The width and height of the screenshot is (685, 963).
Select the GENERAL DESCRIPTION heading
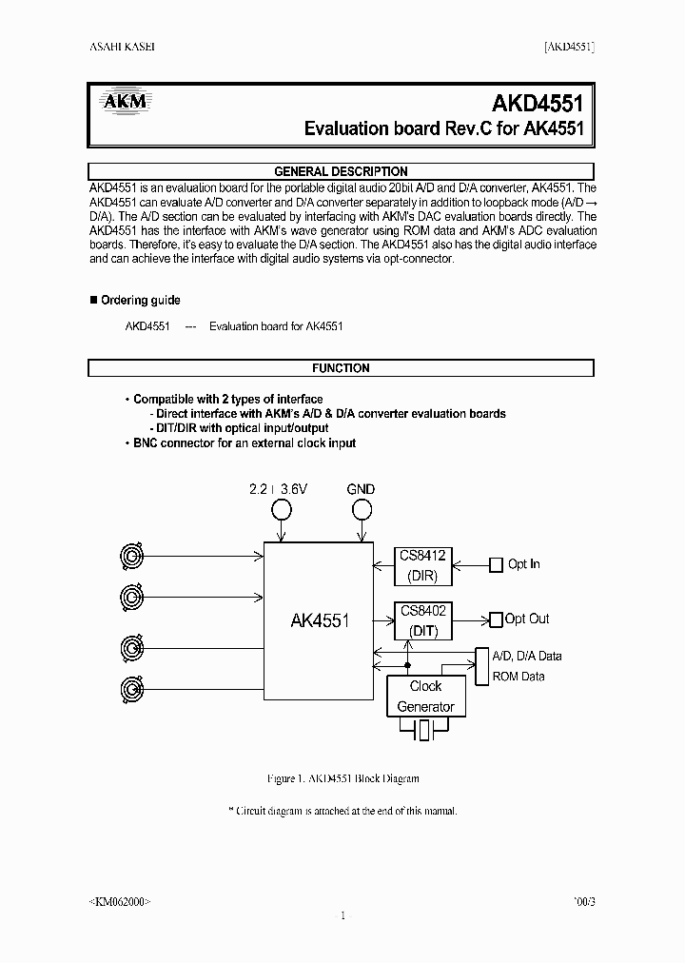(341, 171)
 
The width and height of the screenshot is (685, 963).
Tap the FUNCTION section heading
(341, 368)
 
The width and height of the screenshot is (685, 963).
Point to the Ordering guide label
(140, 300)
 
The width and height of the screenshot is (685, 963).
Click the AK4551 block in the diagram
(319, 620)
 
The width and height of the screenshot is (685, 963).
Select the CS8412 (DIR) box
(423, 565)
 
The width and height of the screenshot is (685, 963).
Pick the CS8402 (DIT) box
(423, 619)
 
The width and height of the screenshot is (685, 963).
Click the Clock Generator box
(425, 696)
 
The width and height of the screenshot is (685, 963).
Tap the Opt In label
(523, 564)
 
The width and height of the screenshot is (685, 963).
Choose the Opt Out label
(526, 619)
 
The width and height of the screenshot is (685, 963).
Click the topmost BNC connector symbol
(131, 554)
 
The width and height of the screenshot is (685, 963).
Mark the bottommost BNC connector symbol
(131, 687)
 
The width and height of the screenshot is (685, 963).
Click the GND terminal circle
(361, 509)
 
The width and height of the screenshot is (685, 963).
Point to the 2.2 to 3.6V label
(279, 489)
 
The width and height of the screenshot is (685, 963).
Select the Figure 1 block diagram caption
(342, 778)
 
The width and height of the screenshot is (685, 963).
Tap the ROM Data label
(519, 676)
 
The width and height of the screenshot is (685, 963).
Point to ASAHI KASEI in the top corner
(122, 48)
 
